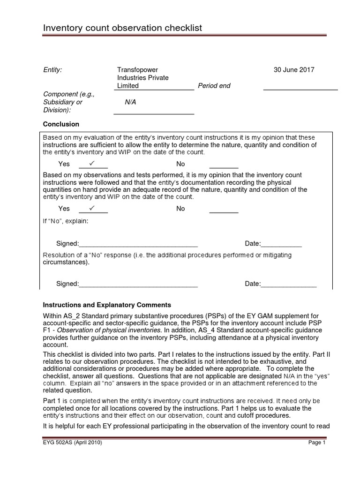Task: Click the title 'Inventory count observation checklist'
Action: (x=122, y=28)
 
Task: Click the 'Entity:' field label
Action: (x=52, y=70)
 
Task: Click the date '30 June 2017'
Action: (x=294, y=70)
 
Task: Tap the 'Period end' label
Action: (x=214, y=86)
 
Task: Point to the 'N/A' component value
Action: (x=130, y=102)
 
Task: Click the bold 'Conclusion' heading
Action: (x=61, y=124)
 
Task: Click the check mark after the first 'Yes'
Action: (x=92, y=163)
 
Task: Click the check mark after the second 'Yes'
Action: (x=92, y=208)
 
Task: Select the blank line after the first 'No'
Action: (x=224, y=166)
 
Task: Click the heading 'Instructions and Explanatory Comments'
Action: (x=107, y=305)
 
